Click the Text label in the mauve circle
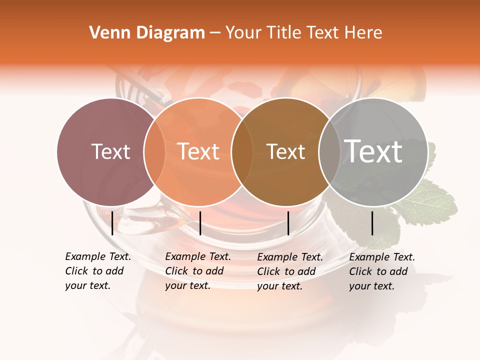click(x=111, y=151)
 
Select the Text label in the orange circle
click(x=198, y=151)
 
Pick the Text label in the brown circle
click(x=285, y=151)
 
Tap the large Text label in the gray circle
click(x=373, y=151)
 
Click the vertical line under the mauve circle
click(x=112, y=223)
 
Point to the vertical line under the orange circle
click(x=200, y=223)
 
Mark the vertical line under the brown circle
click(x=288, y=223)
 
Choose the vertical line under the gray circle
click(x=372, y=223)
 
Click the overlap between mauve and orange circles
click(x=154, y=152)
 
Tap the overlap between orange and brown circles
click(x=242, y=152)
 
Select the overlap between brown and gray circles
click(x=329, y=152)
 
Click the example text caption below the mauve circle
click(x=97, y=271)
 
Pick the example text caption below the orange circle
click(x=197, y=271)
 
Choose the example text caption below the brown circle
click(x=289, y=271)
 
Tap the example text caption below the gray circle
click(x=381, y=271)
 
